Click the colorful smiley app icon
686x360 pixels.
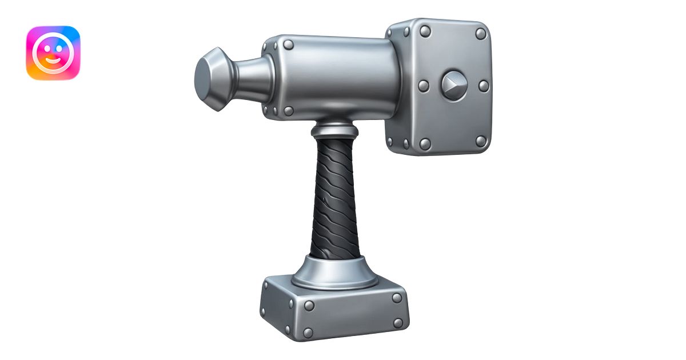click(53, 53)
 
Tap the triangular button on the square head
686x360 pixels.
click(454, 85)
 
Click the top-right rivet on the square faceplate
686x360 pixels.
click(481, 34)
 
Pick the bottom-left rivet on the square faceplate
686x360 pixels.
click(425, 143)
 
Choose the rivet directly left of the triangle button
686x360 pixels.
click(424, 86)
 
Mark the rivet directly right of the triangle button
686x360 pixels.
click(484, 86)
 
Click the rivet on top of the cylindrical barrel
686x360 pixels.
click(289, 45)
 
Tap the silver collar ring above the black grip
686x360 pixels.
click(335, 128)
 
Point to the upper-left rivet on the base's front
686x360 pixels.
click(309, 305)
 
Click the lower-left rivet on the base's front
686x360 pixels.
click(308, 332)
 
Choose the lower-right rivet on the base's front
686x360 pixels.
click(398, 323)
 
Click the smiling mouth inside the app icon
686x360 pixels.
click(53, 59)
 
